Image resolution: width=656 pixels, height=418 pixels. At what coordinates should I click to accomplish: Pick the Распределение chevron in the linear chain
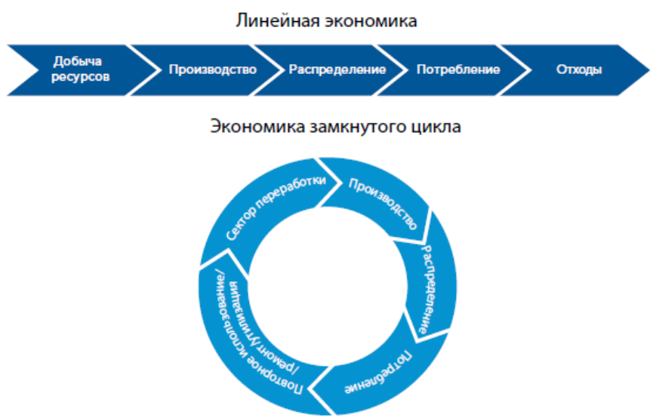pyautogui.click(x=337, y=69)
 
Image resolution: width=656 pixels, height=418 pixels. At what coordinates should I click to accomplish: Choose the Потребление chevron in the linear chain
pyautogui.click(x=457, y=69)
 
